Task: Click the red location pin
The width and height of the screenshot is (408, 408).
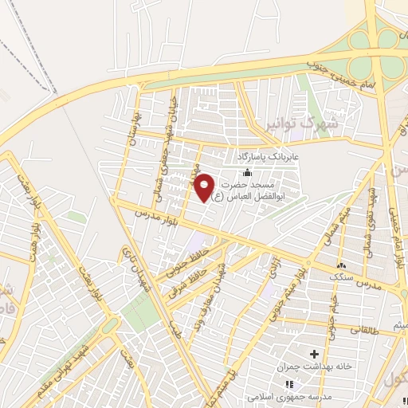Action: coord(205,187)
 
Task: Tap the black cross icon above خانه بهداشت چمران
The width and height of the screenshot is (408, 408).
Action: coord(314,353)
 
